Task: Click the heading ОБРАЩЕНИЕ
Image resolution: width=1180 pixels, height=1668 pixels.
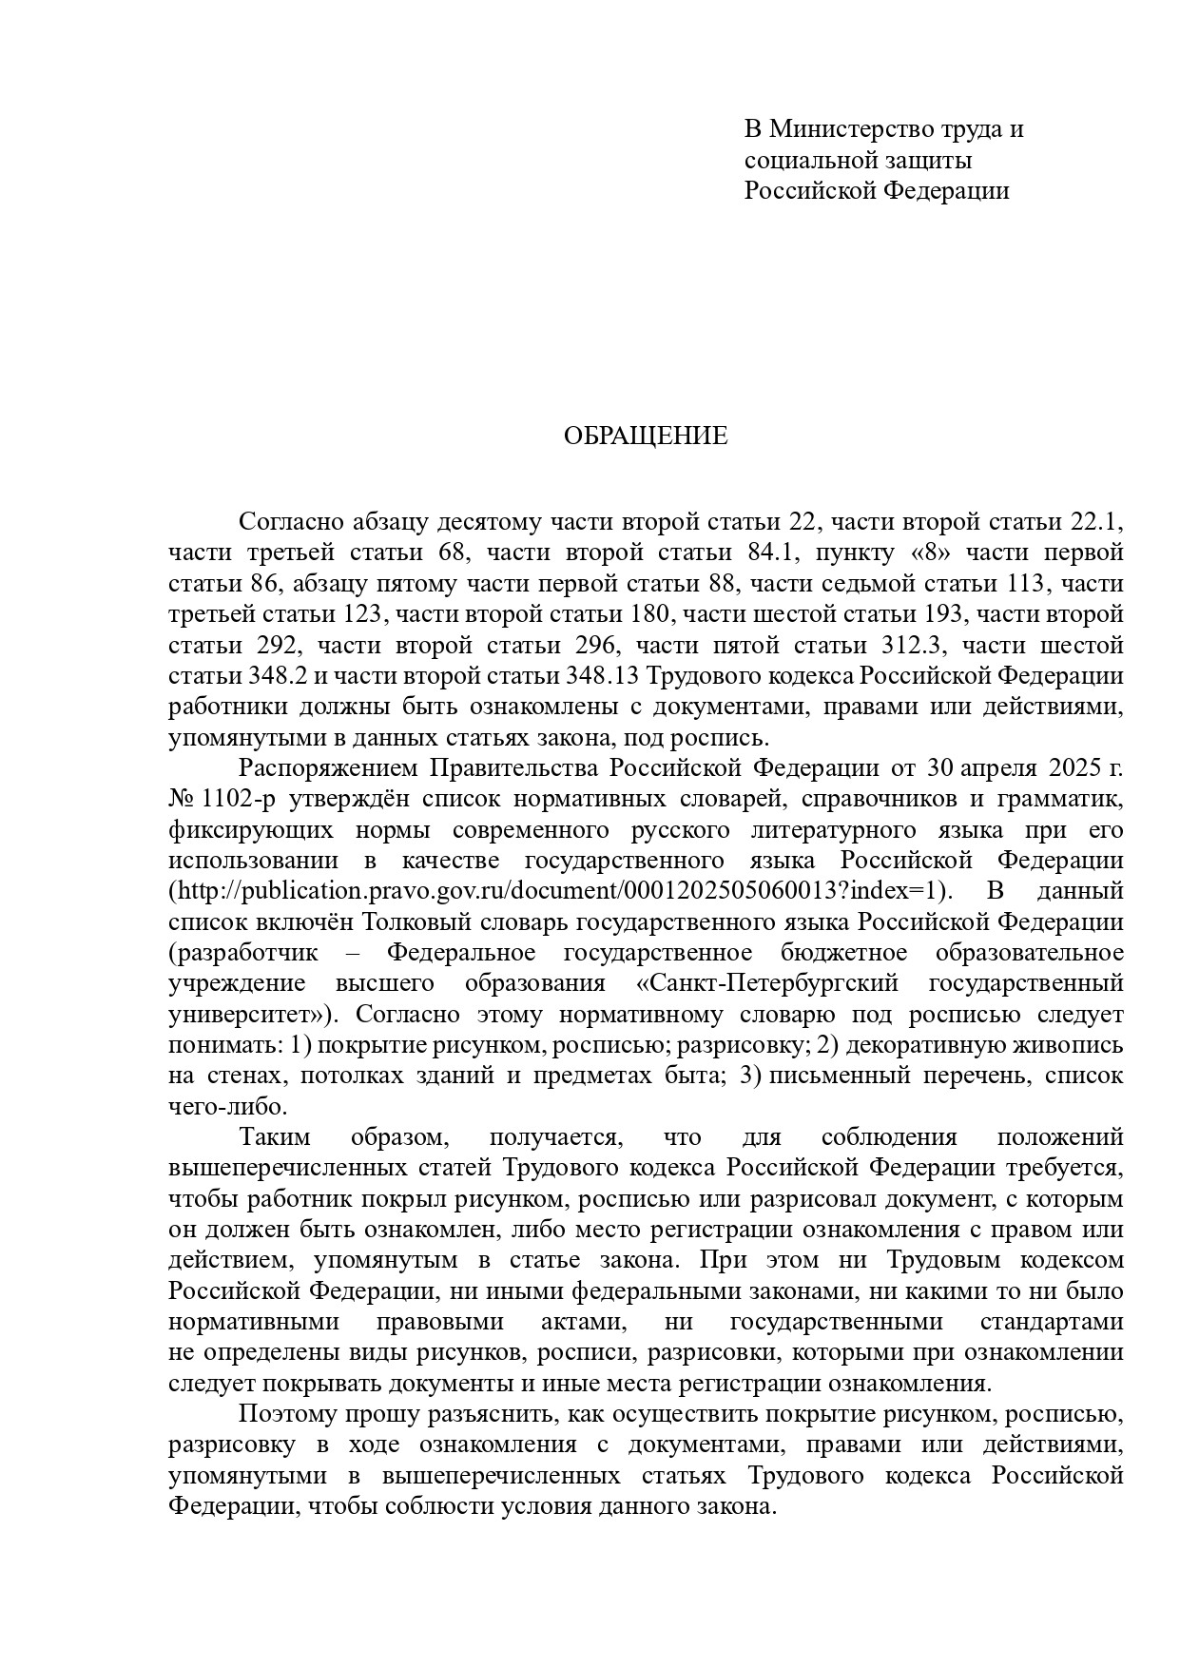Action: (646, 436)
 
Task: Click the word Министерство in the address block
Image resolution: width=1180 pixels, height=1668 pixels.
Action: (851, 128)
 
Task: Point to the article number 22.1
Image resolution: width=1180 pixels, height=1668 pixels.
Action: (1097, 522)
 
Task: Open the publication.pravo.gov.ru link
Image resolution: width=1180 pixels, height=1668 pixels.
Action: (557, 892)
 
